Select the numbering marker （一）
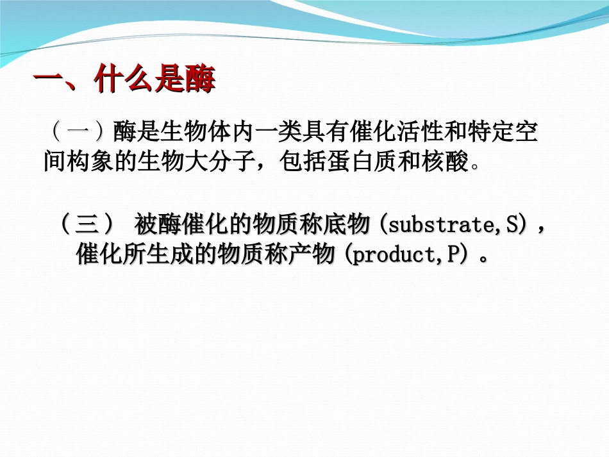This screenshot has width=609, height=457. (x=77, y=133)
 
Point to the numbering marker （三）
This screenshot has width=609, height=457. (x=87, y=225)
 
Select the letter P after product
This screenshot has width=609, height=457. (x=453, y=255)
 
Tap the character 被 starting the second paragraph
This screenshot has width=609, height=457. (x=144, y=225)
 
